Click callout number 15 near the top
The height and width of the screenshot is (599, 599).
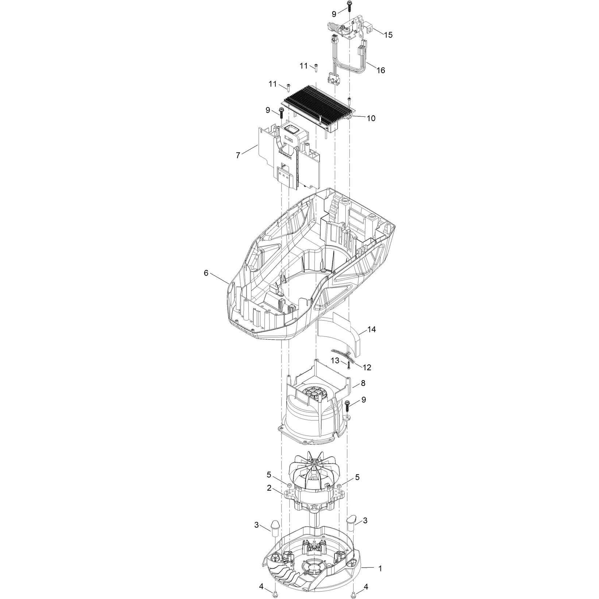click(x=388, y=35)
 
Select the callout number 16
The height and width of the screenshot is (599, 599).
click(x=380, y=70)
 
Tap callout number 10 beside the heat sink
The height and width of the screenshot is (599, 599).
click(x=371, y=118)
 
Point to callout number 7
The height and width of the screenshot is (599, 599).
click(x=238, y=155)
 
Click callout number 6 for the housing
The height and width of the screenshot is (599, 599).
click(x=206, y=273)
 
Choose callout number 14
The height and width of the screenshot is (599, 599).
click(x=371, y=329)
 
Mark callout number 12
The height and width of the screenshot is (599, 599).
click(x=367, y=367)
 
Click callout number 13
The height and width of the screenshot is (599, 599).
click(x=335, y=361)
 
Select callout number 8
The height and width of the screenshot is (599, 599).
click(x=363, y=383)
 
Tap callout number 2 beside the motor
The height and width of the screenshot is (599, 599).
click(x=269, y=489)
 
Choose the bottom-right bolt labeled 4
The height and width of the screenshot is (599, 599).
click(x=353, y=594)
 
